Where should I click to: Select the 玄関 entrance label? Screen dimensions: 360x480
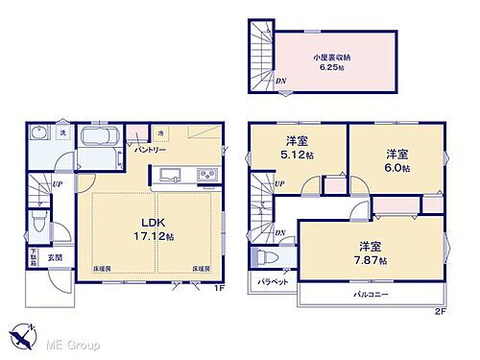(x=57, y=257)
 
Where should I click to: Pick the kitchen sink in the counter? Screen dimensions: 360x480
(x=170, y=175)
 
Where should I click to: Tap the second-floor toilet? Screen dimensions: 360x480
(x=265, y=257)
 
